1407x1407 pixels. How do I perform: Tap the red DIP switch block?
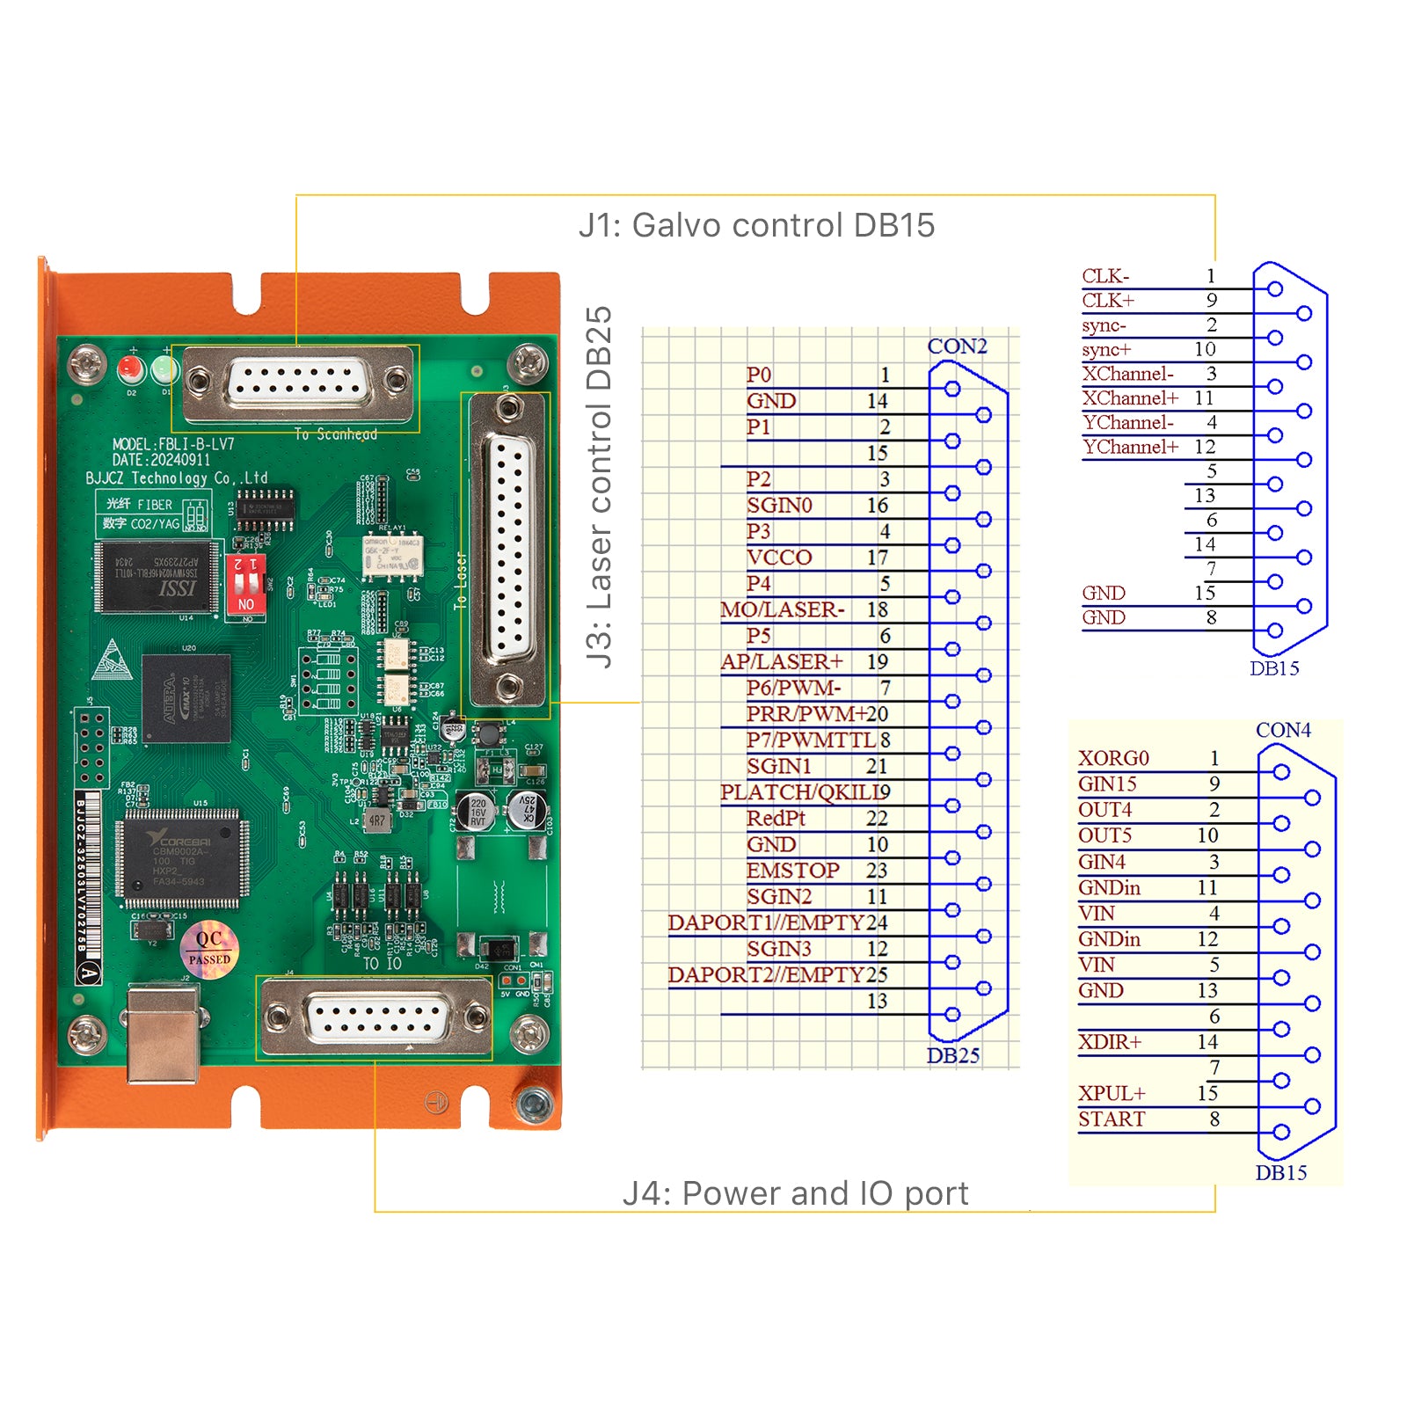[245, 583]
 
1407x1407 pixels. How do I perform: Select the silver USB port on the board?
[164, 1033]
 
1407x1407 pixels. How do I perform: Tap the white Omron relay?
[393, 556]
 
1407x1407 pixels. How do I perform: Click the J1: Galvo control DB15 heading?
[756, 226]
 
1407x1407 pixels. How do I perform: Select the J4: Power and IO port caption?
[795, 1193]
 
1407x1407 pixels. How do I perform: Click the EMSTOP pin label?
[792, 871]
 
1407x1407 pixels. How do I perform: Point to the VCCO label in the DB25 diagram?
[779, 558]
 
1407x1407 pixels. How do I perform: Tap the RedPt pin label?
[776, 819]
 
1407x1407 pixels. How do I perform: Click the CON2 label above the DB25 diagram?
[957, 346]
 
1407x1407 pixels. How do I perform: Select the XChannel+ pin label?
[1130, 398]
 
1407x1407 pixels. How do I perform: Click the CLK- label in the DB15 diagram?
[1105, 276]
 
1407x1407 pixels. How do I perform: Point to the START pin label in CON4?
[1112, 1119]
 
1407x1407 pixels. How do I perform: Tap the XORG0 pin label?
[1113, 758]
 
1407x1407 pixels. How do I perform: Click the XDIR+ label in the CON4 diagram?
[1110, 1042]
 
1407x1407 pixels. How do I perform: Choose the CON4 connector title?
[1283, 730]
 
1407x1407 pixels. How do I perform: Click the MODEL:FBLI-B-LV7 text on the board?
[173, 444]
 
